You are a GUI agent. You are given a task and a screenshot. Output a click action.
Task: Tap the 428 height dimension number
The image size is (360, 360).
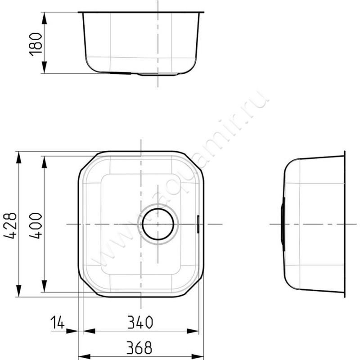[x=10, y=226]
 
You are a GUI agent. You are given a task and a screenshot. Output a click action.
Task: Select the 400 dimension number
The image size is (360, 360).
[x=36, y=226]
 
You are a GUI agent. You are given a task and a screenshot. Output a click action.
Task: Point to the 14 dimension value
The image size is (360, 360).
[x=58, y=322]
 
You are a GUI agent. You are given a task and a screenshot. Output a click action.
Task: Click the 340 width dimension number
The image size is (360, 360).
[x=140, y=322]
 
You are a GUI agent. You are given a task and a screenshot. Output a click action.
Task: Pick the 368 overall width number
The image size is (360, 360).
[x=139, y=347]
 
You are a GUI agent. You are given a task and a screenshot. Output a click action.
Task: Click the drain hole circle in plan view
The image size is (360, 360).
[x=158, y=224]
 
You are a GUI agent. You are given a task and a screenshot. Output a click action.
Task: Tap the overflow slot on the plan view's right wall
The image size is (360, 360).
[x=198, y=224]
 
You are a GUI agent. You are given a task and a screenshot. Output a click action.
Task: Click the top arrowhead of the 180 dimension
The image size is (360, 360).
[x=45, y=18]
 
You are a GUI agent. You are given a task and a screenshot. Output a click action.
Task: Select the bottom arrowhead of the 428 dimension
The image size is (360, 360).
[x=19, y=291]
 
